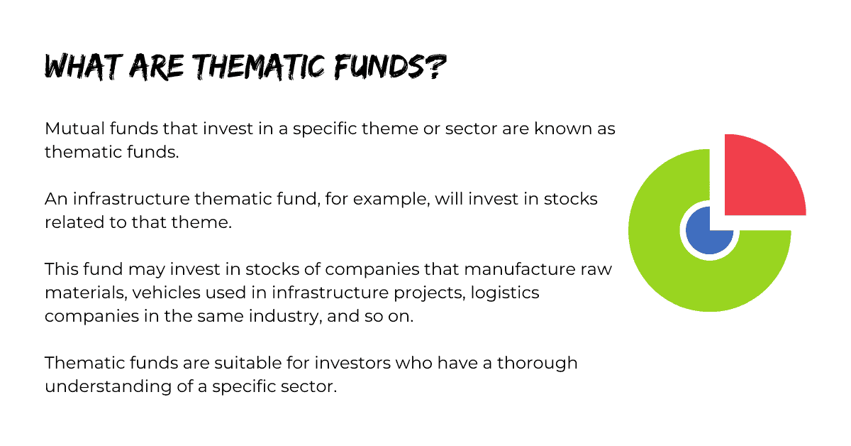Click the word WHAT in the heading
[84, 67]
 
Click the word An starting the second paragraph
[56, 199]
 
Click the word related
[74, 222]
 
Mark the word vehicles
[167, 293]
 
